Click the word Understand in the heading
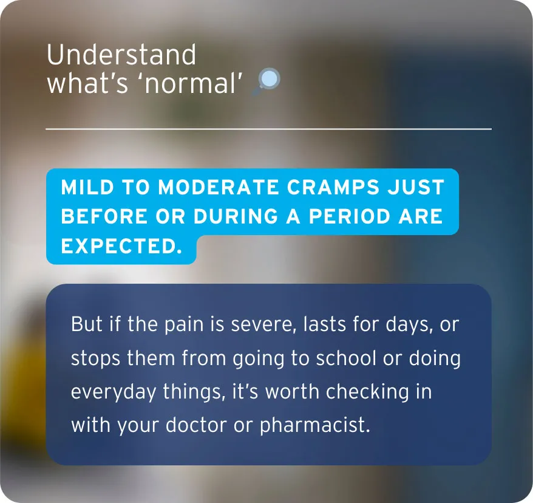(121, 55)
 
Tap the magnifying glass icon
(268, 81)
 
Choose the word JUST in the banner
(417, 187)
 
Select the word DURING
(235, 216)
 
